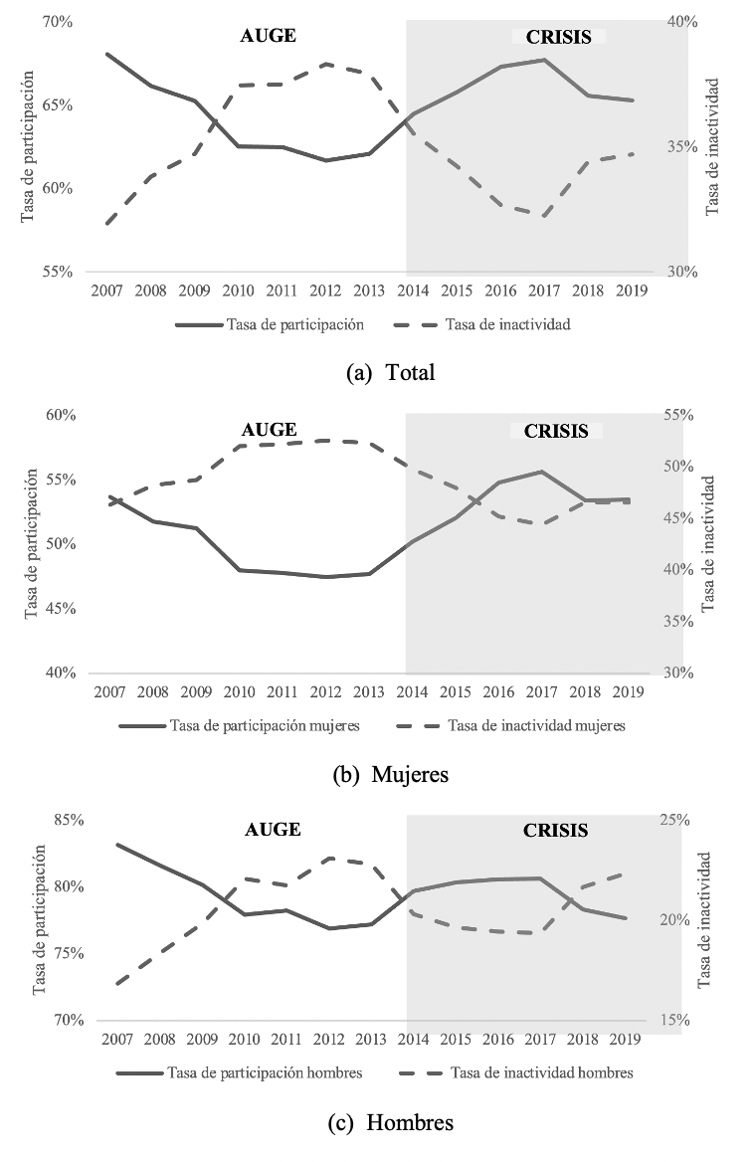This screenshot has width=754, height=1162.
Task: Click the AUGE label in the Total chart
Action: click(x=269, y=35)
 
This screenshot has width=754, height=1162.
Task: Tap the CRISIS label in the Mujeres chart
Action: click(x=556, y=431)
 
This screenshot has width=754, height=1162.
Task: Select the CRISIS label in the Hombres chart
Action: click(x=556, y=830)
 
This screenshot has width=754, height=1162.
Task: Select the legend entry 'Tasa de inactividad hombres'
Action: click(x=541, y=1072)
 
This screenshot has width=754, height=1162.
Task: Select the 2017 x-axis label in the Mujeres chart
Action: click(x=542, y=691)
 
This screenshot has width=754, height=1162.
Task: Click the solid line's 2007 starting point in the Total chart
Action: click(x=106, y=54)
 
